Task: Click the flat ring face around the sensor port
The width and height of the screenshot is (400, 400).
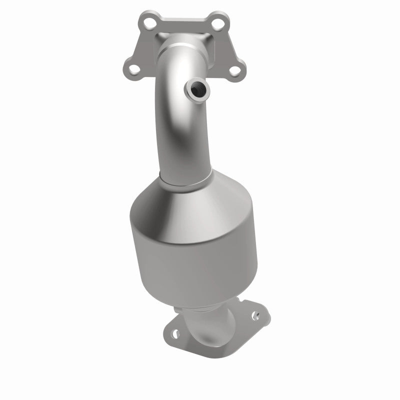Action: point(203,88)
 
